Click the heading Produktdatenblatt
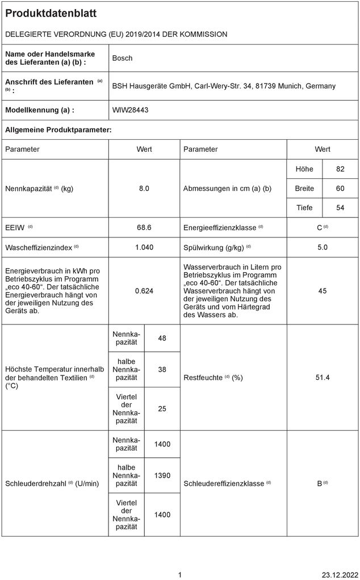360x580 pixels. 51,14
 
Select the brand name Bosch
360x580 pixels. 122,58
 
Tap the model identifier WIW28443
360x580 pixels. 130,110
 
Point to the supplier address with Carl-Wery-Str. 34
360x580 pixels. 224,86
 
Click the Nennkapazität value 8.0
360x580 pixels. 144,189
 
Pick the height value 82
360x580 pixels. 340,170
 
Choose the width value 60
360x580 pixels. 340,189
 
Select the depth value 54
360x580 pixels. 340,208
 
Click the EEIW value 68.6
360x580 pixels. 144,228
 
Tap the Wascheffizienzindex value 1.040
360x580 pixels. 144,248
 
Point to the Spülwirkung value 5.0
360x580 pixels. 322,248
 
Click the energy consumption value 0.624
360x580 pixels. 144,291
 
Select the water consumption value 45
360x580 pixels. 322,291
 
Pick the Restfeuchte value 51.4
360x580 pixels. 322,378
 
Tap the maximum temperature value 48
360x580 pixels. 162,339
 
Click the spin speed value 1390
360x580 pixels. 162,475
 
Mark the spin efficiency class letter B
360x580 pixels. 319,484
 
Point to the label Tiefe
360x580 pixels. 304,208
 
